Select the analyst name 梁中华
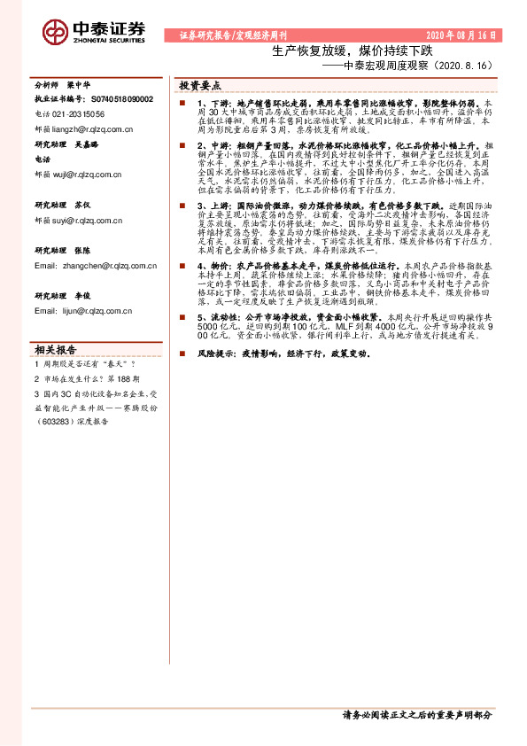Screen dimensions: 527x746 79,87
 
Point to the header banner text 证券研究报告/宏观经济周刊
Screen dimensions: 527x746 227,35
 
